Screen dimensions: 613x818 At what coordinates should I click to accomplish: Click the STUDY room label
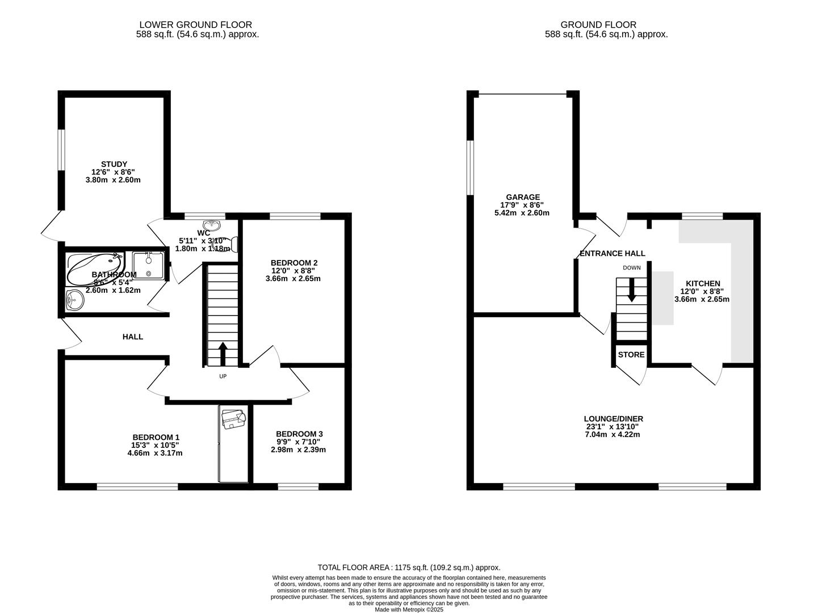point(114,164)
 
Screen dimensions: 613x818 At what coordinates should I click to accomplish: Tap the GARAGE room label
point(523,197)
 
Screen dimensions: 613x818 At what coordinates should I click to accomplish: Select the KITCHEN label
point(702,283)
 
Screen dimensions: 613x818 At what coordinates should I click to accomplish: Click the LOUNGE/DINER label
point(614,419)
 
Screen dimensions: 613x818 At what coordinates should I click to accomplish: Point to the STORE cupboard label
point(631,355)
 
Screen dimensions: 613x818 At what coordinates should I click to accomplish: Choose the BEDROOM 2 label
point(293,262)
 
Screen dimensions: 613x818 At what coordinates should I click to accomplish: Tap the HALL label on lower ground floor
point(133,337)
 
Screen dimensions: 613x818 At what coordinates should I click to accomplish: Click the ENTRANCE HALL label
point(612,253)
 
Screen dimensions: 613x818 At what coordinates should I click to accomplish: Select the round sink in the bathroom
point(74,299)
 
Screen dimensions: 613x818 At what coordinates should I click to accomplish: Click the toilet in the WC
point(232,245)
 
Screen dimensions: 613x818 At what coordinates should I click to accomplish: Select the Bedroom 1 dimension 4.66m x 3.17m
point(155,453)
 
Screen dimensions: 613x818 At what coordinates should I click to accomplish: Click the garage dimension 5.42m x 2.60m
point(522,213)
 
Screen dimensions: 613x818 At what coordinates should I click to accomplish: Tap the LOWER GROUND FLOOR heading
point(195,24)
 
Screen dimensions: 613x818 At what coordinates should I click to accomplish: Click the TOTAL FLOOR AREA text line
point(409,567)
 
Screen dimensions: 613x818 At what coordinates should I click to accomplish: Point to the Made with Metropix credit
point(409,610)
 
